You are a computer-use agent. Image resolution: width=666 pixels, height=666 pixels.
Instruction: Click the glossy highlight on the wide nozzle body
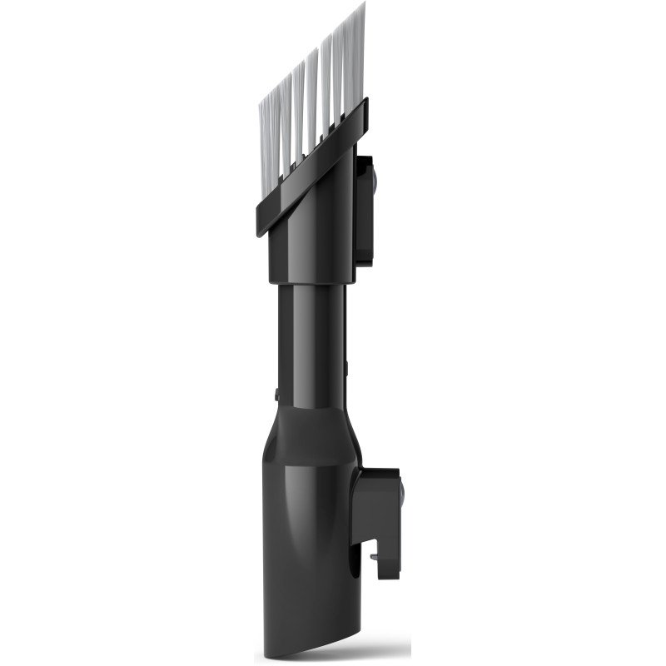tap(287, 516)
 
